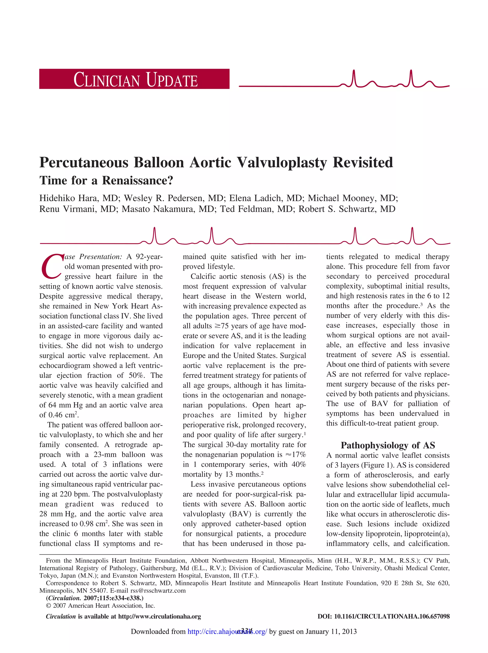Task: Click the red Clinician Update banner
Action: coord(134,79)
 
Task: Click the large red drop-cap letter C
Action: coord(51,267)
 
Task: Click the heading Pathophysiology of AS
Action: coord(388,445)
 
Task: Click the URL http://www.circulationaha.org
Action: coord(159,616)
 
